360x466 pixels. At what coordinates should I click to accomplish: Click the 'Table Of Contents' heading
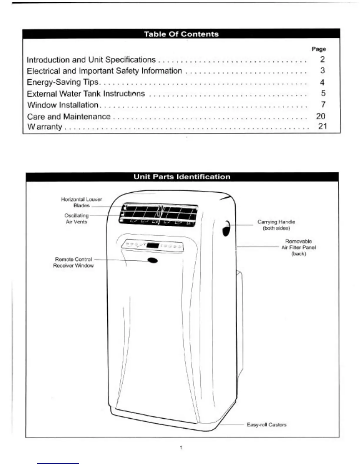pos(181,34)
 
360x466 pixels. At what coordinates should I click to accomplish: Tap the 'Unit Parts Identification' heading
pos(182,177)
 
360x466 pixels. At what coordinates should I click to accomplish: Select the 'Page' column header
pos(319,49)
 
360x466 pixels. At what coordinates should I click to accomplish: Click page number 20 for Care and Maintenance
pos(321,116)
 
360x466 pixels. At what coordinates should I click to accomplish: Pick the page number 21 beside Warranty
pos(322,126)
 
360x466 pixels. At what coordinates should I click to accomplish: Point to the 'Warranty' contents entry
pos(45,127)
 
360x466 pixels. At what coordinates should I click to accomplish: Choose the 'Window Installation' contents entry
pos(63,105)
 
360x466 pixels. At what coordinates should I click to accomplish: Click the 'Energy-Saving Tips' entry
pos(63,82)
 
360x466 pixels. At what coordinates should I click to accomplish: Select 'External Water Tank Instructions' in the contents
pos(86,94)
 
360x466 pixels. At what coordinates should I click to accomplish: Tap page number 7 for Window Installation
pos(323,104)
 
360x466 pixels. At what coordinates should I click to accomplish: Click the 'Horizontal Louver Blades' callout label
pos(81,202)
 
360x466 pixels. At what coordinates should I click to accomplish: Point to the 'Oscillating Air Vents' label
pos(76,219)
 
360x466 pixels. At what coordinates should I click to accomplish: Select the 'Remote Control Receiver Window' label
pos(74,262)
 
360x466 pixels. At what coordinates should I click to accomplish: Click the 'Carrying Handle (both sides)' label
pos(276,225)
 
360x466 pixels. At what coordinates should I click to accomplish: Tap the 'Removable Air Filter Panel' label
pos(299,247)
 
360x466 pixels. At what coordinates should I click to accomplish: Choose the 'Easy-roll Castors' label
pos(266,425)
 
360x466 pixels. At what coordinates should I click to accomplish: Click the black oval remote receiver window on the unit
pos(152,260)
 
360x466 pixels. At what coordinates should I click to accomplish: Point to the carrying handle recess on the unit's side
pos(226,229)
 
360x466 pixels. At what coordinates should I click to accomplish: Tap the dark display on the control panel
pos(153,246)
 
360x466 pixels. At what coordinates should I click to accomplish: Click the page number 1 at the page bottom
pos(181,448)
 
